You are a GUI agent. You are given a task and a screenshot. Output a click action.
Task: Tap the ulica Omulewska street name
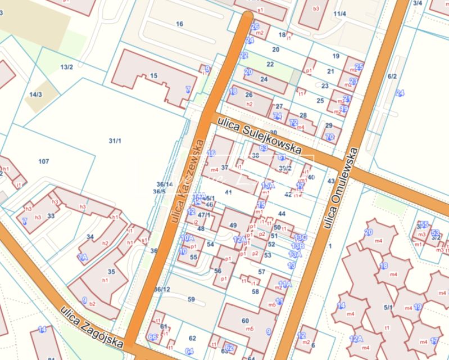pos(338,188)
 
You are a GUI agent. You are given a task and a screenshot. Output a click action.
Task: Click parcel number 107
pos(44,161)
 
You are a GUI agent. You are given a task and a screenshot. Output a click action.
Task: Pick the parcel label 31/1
pos(115,140)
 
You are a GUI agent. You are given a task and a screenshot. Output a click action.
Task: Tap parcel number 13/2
pos(67,67)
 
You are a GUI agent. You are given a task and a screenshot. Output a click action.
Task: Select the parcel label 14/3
pos(36,94)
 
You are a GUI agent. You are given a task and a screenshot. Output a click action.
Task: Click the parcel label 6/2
pos(392,76)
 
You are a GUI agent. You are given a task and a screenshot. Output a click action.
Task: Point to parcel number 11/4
pos(339,13)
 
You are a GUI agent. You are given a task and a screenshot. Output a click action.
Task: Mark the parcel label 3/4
pos(418,3)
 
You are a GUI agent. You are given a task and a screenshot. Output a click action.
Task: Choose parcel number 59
pos(191,299)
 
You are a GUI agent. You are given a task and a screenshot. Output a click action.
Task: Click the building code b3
pos(316,8)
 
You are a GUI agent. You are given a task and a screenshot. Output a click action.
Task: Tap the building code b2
pos(93,304)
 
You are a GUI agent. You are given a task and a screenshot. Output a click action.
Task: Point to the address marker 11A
pos(285,284)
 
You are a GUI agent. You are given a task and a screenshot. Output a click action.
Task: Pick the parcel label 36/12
pos(162,289)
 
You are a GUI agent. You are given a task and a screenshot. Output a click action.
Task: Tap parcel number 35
pos(111,272)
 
